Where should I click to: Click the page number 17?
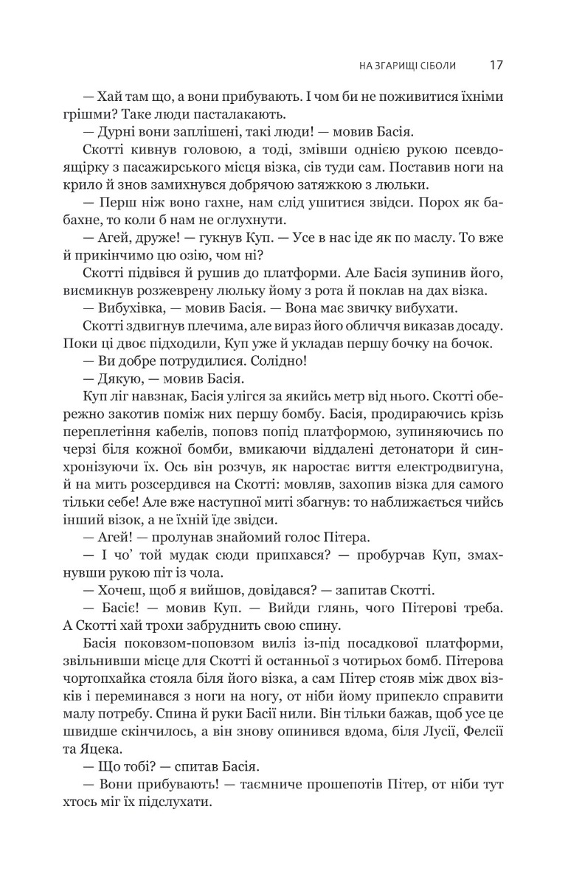[x=496, y=65]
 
